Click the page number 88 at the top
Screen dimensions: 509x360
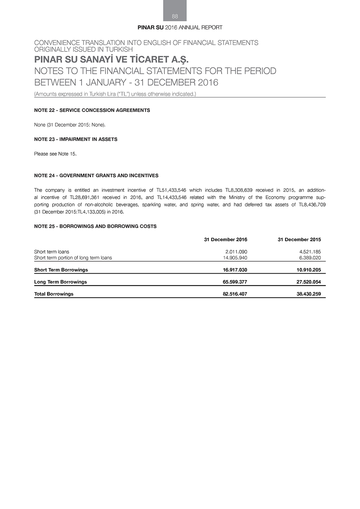(175, 16)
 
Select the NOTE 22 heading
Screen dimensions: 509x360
(92, 110)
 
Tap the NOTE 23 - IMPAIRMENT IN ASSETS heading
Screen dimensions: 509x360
(76, 139)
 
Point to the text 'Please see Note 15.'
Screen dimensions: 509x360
(55, 154)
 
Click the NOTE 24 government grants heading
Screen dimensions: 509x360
(96, 176)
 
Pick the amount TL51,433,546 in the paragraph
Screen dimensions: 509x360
(171, 190)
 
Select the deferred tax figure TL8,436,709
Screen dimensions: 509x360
(312, 204)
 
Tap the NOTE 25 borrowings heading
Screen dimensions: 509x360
(95, 226)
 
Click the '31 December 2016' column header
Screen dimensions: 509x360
(225, 240)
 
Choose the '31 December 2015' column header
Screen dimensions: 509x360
(299, 240)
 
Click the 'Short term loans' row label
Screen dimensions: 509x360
(51, 252)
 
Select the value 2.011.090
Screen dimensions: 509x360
(236, 252)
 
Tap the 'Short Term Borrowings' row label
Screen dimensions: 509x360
(61, 270)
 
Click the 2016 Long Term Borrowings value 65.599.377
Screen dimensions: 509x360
(235, 282)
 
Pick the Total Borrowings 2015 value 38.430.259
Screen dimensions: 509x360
(309, 294)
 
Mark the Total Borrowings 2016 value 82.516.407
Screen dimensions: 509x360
(235, 294)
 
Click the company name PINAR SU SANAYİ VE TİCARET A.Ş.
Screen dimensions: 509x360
(111, 59)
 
